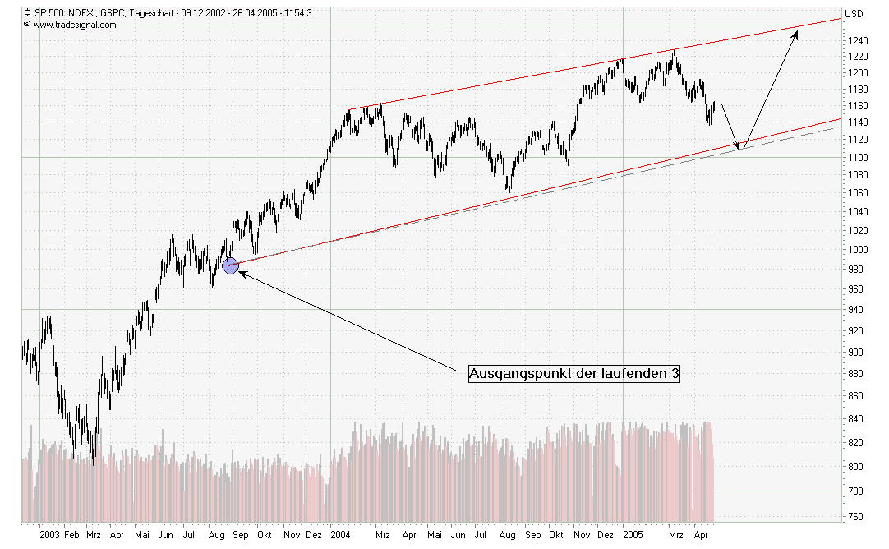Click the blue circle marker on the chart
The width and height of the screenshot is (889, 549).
pyautogui.click(x=230, y=265)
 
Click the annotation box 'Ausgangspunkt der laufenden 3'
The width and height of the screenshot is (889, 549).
pyautogui.click(x=574, y=374)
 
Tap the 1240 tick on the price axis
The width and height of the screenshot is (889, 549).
pyautogui.click(x=858, y=40)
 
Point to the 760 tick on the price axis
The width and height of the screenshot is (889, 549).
pyautogui.click(x=855, y=517)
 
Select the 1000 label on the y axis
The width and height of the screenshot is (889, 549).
pyautogui.click(x=858, y=250)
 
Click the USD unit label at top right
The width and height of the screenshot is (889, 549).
pyautogui.click(x=856, y=14)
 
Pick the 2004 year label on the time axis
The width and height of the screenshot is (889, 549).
pyautogui.click(x=340, y=533)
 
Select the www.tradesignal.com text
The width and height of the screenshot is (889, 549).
pyautogui.click(x=74, y=25)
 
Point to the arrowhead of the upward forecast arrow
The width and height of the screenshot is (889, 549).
pyautogui.click(x=796, y=30)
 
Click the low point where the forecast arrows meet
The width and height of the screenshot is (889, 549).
pyautogui.click(x=739, y=149)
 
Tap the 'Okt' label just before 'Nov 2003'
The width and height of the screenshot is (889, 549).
pyautogui.click(x=265, y=533)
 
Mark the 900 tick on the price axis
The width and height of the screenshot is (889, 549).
pyautogui.click(x=855, y=353)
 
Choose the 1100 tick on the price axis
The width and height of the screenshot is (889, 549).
pyautogui.click(x=858, y=157)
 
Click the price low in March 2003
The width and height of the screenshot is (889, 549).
pyautogui.click(x=94, y=477)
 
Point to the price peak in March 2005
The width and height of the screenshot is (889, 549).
pyautogui.click(x=674, y=51)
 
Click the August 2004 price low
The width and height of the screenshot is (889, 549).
pyautogui.click(x=507, y=191)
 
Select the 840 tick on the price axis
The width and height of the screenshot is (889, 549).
pyautogui.click(x=855, y=419)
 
